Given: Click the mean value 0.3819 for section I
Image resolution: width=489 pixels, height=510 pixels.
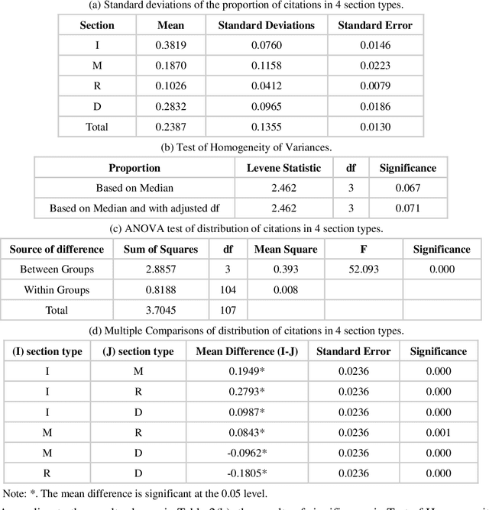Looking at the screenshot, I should coord(170,45).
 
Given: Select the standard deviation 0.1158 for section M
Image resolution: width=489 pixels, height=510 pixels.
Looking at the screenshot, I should coord(266,66).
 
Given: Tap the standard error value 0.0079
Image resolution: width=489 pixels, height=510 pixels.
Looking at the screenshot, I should coord(375,86).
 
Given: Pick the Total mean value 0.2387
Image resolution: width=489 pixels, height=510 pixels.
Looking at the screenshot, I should coord(170,127).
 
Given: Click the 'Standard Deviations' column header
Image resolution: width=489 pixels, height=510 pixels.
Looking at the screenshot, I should coord(266,25).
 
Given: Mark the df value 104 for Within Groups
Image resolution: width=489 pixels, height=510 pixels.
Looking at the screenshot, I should coord(228,289).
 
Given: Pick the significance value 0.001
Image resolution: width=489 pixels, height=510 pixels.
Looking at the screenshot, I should coord(438,431).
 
